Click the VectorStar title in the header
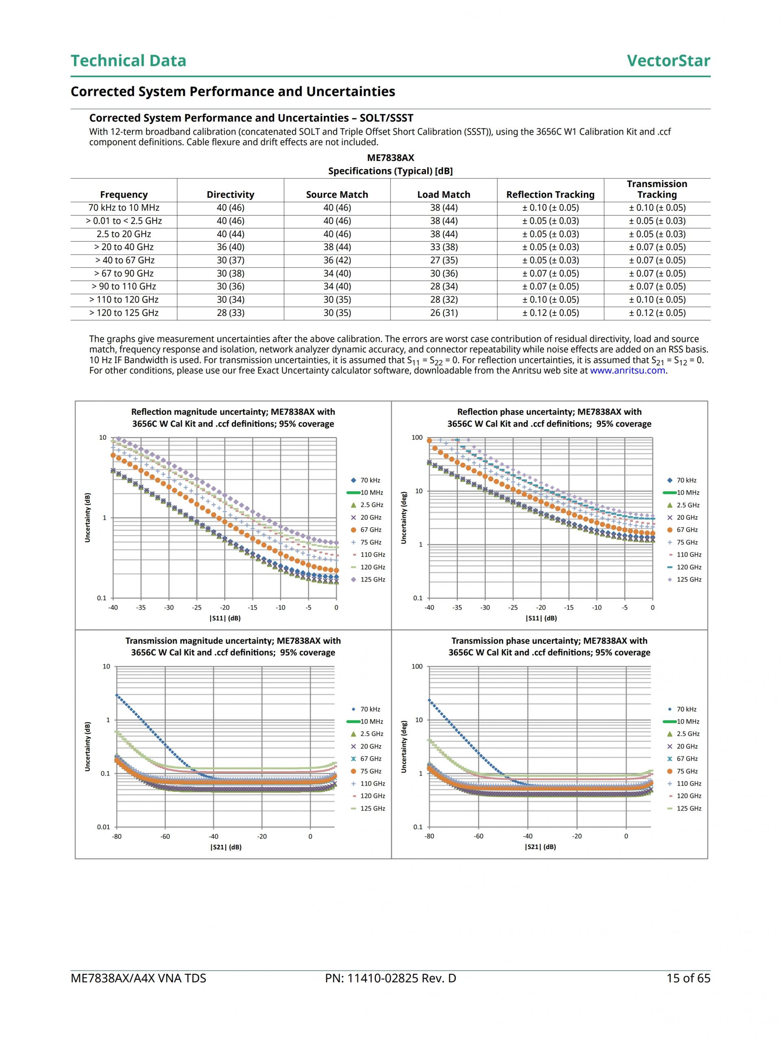(x=668, y=61)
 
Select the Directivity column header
(x=230, y=194)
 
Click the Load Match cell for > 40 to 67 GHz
(x=444, y=260)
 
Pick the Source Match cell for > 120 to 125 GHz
(x=337, y=313)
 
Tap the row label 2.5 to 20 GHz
(x=124, y=234)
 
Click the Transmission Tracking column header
(x=657, y=189)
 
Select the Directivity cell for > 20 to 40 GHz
(x=230, y=247)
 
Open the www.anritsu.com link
(x=627, y=370)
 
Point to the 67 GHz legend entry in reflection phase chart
(x=687, y=530)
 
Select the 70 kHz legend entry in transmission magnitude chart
(x=370, y=709)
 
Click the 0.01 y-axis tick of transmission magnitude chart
(x=103, y=827)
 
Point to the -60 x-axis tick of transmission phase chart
(x=478, y=836)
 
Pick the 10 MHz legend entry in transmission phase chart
(x=687, y=721)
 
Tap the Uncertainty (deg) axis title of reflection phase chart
(x=403, y=518)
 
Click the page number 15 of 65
(x=688, y=978)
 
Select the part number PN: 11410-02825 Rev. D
(x=390, y=978)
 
